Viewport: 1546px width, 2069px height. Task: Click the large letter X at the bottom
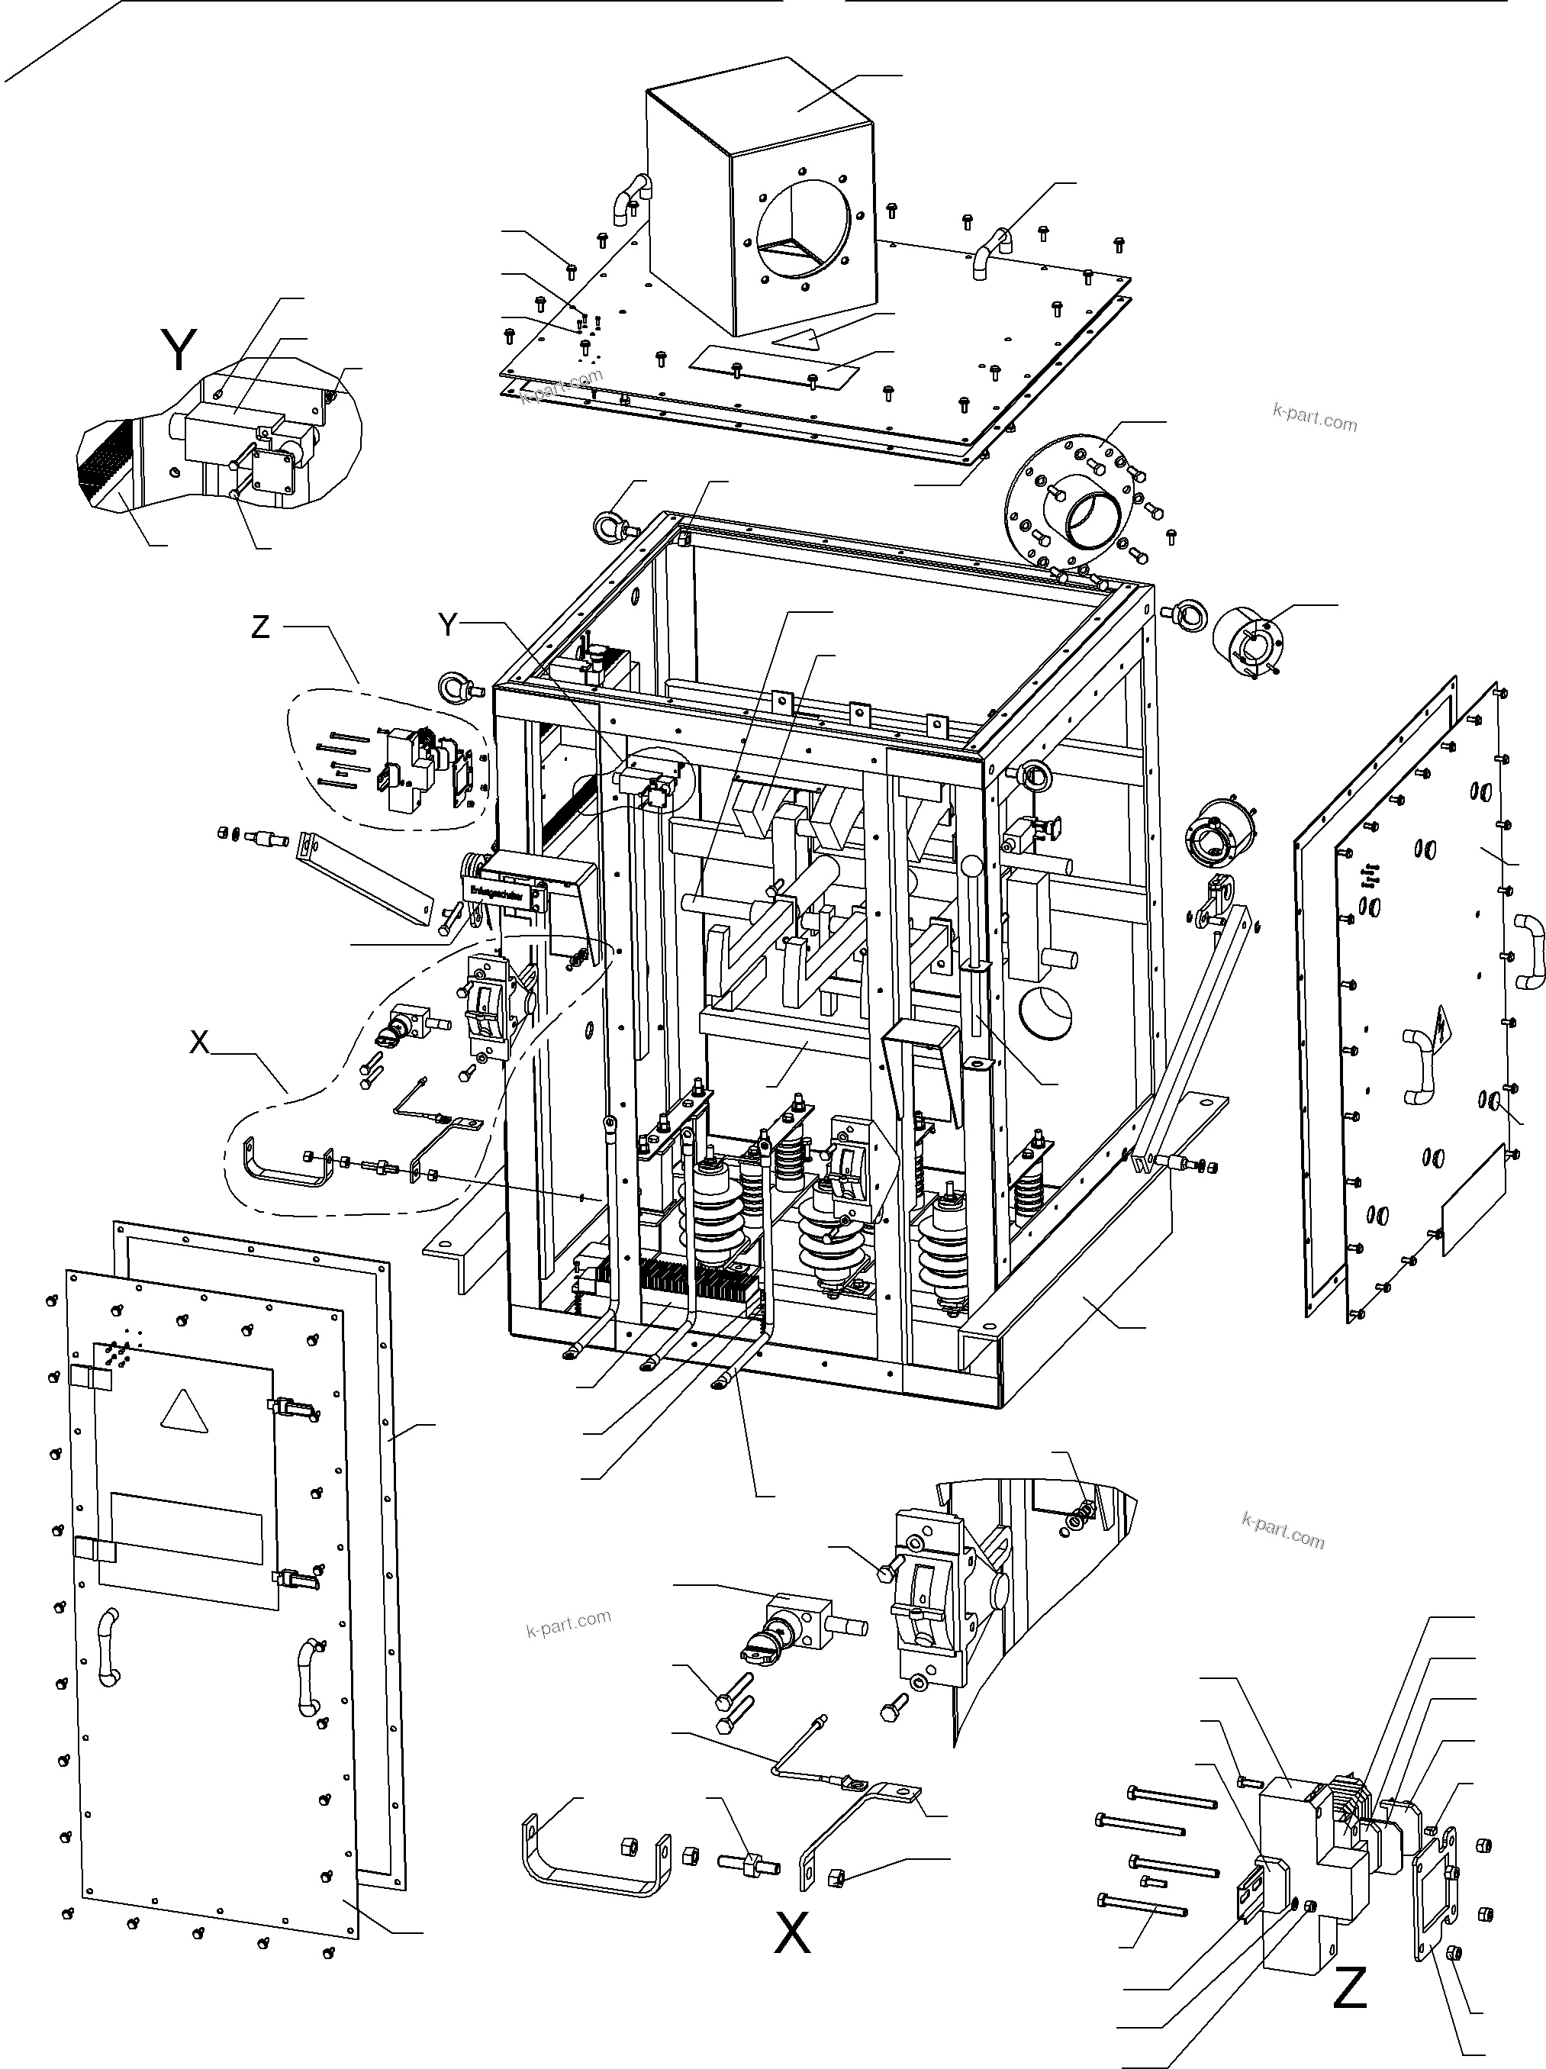pos(792,1932)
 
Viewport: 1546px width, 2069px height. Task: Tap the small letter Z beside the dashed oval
pos(260,627)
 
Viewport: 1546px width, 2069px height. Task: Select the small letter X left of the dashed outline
pos(199,1042)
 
